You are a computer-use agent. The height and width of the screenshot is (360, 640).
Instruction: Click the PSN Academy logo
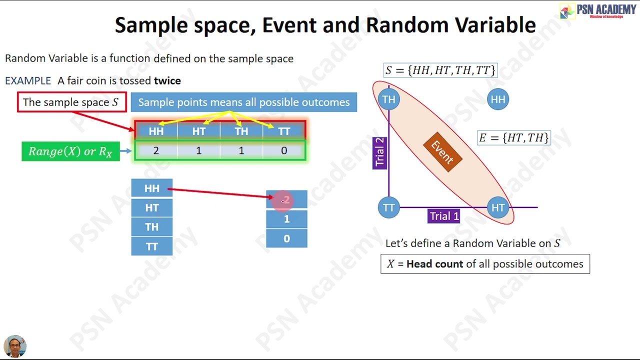pos(598,11)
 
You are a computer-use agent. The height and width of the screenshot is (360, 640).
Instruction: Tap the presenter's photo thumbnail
pos(14,346)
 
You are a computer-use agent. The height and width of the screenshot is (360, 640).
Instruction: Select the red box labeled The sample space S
pos(72,102)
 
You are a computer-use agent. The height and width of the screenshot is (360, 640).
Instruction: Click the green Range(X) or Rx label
pos(70,151)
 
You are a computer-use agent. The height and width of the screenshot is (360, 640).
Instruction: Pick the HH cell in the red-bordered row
pos(156,131)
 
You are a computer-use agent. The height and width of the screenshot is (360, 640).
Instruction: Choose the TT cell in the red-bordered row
pos(284,131)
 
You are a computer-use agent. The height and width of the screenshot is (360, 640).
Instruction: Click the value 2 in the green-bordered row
pos(156,150)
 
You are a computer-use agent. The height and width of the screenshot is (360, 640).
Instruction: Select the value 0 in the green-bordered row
pos(284,150)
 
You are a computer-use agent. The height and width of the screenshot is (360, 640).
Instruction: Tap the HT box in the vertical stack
pos(151,207)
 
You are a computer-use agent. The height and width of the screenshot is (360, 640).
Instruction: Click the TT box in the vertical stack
pos(151,246)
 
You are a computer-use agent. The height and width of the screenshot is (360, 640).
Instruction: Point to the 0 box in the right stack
pos(286,238)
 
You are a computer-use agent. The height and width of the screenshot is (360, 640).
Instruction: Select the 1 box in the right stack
pos(286,219)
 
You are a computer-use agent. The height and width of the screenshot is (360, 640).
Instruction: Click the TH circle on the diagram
pos(389,99)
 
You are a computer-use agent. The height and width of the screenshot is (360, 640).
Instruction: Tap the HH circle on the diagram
pos(498,99)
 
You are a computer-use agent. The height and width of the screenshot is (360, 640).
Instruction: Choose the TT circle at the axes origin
pos(389,207)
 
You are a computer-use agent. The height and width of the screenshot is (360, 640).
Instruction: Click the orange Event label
pos(442,152)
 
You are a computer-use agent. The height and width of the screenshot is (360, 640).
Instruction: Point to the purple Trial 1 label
pos(444,216)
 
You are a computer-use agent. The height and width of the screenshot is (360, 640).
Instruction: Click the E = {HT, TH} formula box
pos(514,138)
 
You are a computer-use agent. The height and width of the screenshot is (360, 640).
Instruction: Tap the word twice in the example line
pos(167,80)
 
